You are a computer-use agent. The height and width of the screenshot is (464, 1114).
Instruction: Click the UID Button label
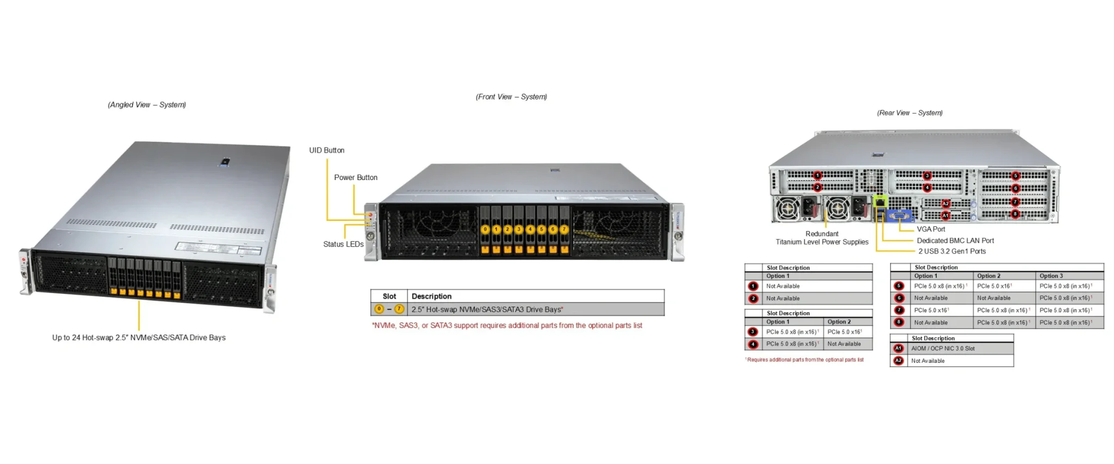326,150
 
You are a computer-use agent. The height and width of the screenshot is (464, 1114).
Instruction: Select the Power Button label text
355,177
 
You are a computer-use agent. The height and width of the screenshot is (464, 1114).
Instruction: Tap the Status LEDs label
343,244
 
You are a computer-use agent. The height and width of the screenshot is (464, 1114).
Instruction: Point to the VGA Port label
931,229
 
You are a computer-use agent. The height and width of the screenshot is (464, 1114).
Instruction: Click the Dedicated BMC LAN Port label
955,240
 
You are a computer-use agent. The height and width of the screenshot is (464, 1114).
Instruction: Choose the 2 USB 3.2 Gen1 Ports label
951,251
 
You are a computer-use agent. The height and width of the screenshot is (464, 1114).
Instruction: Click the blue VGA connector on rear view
900,216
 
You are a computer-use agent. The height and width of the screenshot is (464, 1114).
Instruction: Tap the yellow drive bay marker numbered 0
485,230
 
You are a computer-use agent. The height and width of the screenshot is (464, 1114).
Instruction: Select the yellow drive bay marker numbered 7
564,230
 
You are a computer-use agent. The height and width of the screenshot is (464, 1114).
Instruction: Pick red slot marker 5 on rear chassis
1015,176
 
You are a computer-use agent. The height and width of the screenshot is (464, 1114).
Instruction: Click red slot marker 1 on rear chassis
817,175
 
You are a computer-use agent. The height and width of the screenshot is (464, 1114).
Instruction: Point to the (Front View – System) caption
511,97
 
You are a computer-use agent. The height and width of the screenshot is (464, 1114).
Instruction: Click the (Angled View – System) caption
147,104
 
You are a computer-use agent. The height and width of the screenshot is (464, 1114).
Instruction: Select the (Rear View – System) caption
909,113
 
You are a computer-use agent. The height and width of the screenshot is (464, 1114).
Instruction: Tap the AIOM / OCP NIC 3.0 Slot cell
943,349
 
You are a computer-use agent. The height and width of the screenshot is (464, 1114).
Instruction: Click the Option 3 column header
1051,276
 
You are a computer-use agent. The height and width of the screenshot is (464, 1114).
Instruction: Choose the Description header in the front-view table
431,296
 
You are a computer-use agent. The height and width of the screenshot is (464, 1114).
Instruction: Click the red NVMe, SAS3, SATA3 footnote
507,325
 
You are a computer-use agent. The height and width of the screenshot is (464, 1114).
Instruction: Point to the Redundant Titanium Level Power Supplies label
822,238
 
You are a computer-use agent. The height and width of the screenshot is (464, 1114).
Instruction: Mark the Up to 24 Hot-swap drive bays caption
139,337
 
